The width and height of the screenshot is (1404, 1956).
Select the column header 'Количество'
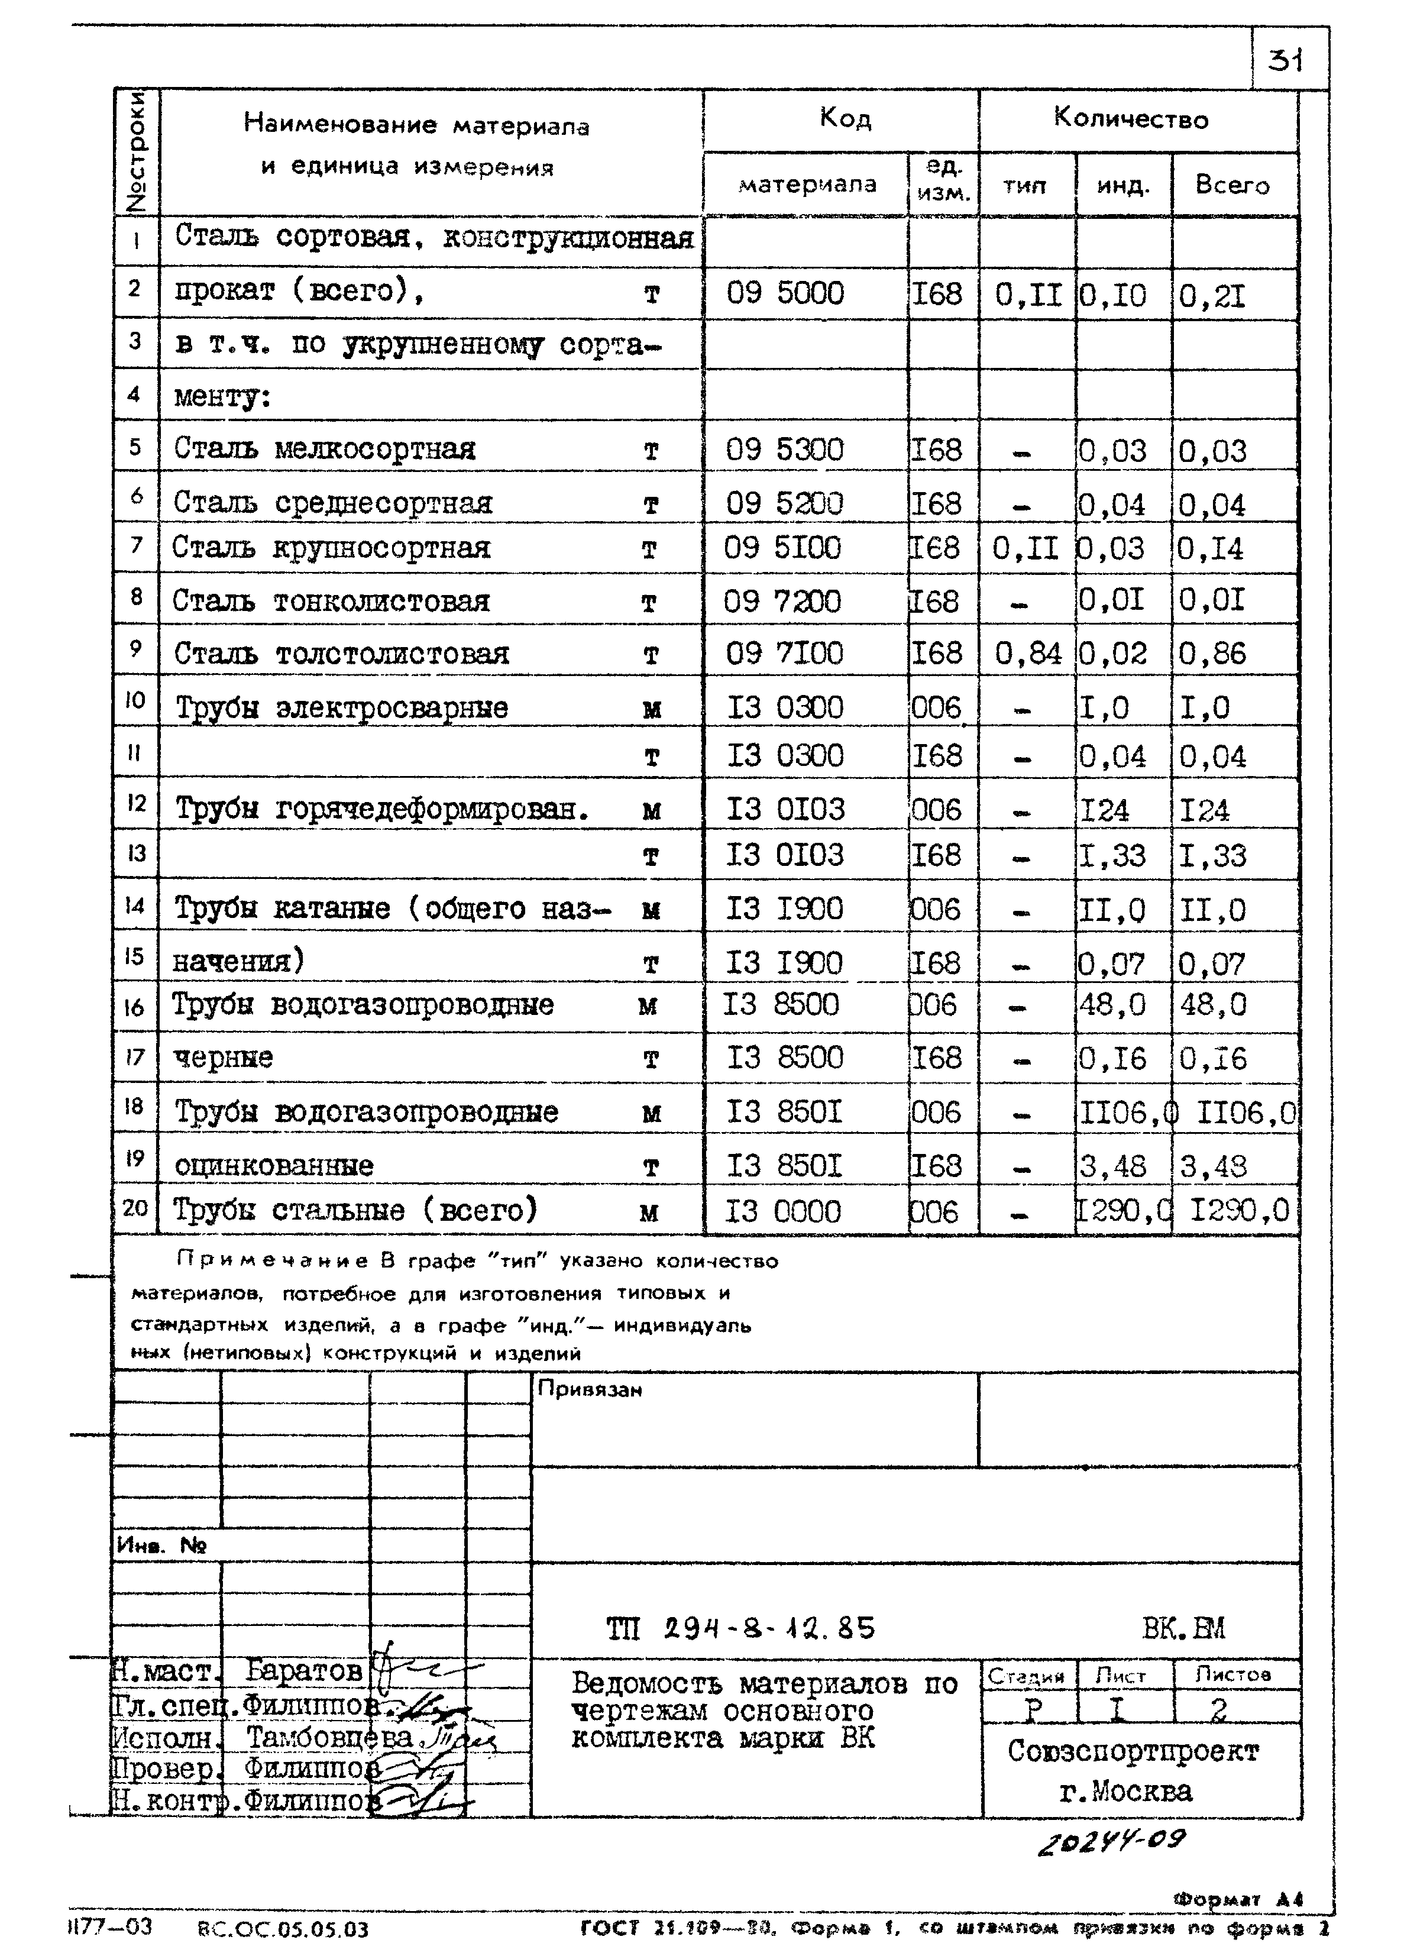pos(1131,119)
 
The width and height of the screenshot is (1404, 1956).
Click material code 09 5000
pos(785,293)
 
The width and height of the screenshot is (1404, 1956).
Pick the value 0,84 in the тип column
pos(1027,654)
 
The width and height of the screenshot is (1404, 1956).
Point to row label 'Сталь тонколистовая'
pos(331,601)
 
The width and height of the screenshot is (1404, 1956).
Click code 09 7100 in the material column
pos(783,654)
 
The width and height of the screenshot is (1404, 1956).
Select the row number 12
pos(135,804)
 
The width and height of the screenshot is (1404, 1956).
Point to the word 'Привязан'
pos(590,1389)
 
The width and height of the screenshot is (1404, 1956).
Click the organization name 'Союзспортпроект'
pos(1133,1751)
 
